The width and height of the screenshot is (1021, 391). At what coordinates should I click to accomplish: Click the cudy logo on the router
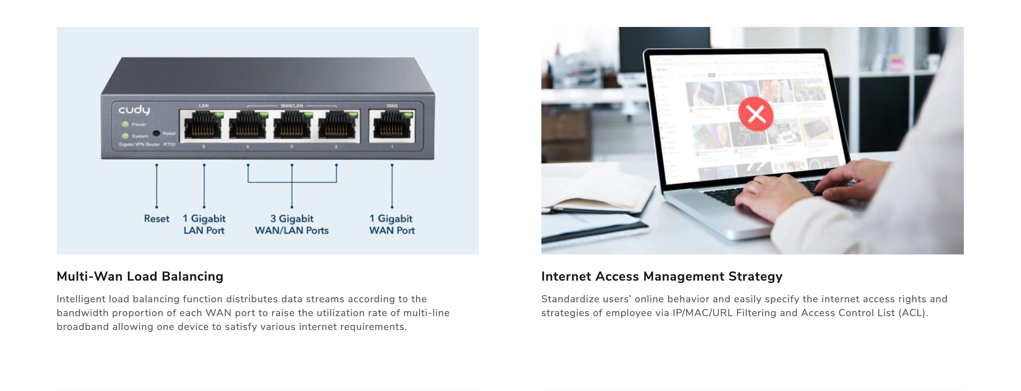tap(134, 109)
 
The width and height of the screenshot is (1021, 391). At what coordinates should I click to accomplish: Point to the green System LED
tap(125, 136)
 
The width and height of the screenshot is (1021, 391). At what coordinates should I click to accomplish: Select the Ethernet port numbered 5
tap(203, 126)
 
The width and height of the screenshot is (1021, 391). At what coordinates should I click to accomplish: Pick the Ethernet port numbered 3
tap(292, 126)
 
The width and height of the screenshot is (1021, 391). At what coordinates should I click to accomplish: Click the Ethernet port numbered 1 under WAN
tap(392, 126)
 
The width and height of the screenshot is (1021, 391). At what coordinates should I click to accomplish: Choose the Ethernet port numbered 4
tap(248, 126)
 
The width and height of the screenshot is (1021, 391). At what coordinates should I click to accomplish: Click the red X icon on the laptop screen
tap(755, 114)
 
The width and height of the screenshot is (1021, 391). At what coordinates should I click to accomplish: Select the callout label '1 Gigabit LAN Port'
tap(204, 224)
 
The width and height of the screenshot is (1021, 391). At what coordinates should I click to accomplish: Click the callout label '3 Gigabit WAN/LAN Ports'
tap(292, 224)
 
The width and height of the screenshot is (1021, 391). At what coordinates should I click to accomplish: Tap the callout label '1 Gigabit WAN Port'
tap(392, 224)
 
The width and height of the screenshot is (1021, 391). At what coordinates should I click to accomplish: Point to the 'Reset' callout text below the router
tap(157, 219)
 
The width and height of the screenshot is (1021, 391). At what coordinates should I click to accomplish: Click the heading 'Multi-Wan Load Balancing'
tap(140, 276)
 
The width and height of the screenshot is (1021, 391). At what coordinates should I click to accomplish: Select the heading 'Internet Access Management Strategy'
tap(661, 276)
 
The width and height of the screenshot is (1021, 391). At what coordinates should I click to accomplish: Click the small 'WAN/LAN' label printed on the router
tap(292, 106)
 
